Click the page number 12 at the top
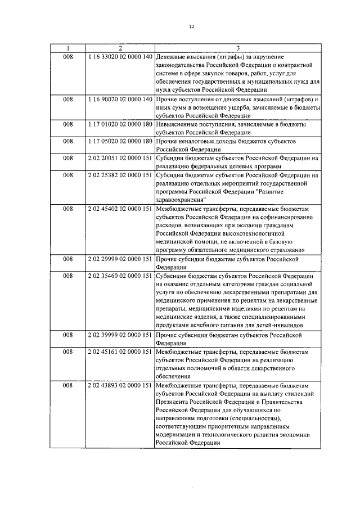pyautogui.click(x=191, y=27)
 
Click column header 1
pyautogui.click(x=67, y=48)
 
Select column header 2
pyautogui.click(x=120, y=48)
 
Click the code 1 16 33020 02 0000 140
pyautogui.click(x=120, y=57)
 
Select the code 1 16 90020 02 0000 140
pyautogui.click(x=120, y=100)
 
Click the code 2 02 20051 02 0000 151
pyautogui.click(x=120, y=158)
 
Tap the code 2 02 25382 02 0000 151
pyautogui.click(x=120, y=175)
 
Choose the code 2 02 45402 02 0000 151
pyautogui.click(x=120, y=208)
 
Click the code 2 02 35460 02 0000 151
pyautogui.click(x=120, y=276)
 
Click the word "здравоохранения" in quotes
pyautogui.click(x=182, y=200)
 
